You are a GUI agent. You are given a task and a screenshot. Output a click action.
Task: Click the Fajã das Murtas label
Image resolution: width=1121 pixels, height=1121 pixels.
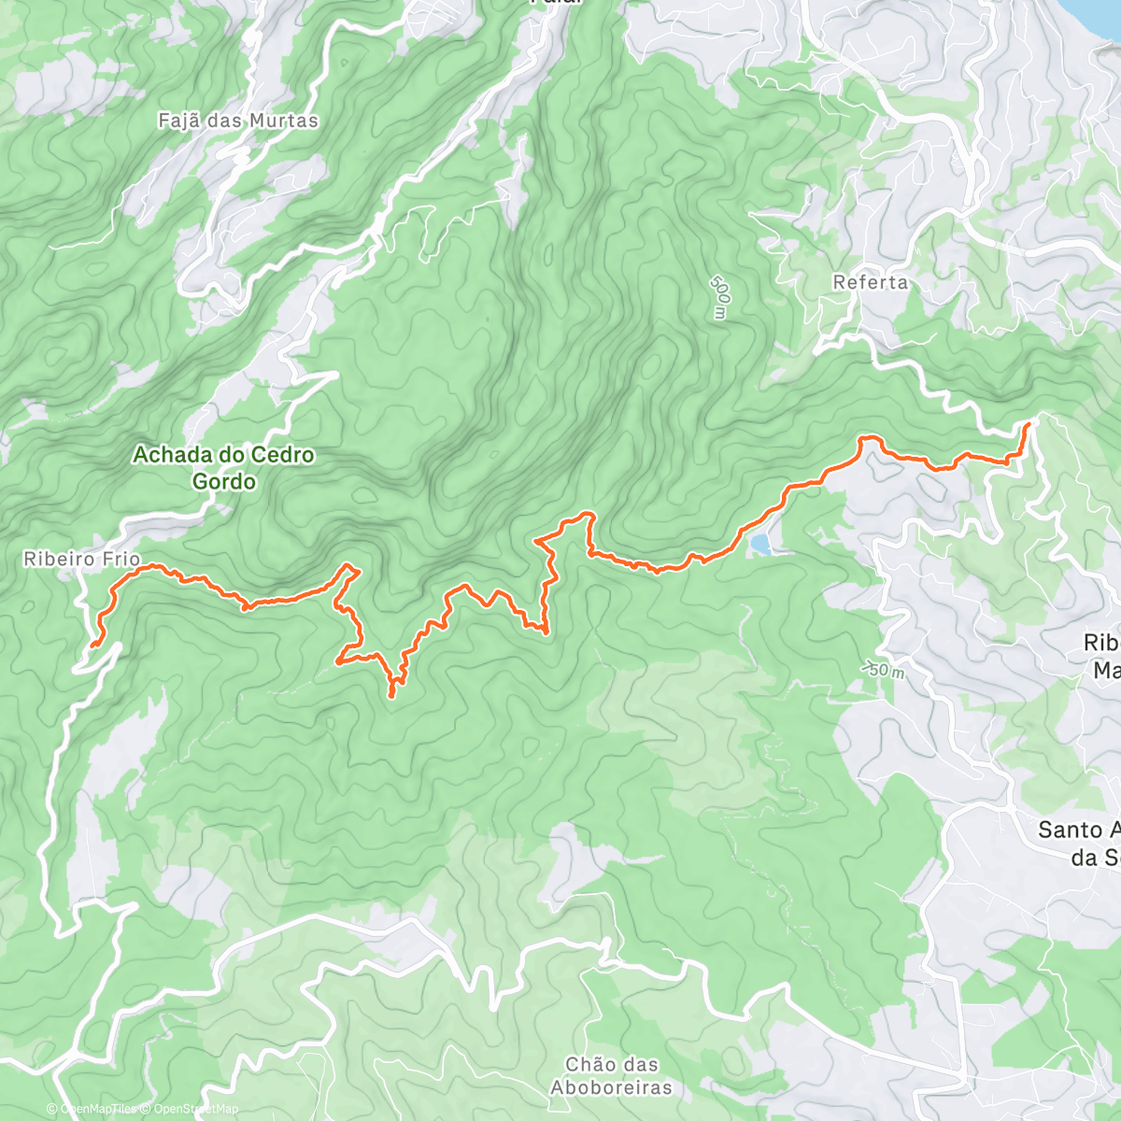point(238,121)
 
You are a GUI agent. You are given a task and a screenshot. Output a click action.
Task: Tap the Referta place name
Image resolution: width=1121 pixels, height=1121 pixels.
point(870,282)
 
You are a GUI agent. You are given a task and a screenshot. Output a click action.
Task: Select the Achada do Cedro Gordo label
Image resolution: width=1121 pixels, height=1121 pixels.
point(223,468)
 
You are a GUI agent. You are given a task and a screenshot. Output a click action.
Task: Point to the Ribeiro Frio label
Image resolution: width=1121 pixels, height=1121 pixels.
point(82,560)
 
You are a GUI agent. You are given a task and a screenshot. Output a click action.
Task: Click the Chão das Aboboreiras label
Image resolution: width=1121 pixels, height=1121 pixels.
point(611,1076)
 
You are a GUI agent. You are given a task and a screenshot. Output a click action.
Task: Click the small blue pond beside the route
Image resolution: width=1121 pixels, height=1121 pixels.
point(761,544)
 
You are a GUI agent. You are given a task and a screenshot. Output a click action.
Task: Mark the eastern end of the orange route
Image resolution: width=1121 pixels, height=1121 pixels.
point(1029,425)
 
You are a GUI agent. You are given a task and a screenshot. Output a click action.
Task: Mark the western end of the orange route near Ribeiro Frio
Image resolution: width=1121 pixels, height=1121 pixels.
point(92,645)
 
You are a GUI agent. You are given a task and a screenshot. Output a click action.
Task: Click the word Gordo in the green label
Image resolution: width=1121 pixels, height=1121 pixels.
point(223,481)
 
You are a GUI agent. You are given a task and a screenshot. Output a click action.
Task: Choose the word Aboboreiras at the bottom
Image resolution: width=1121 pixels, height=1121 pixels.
point(611,1087)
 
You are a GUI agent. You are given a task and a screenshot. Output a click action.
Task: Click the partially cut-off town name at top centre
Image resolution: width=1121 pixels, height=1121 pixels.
point(556,3)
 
